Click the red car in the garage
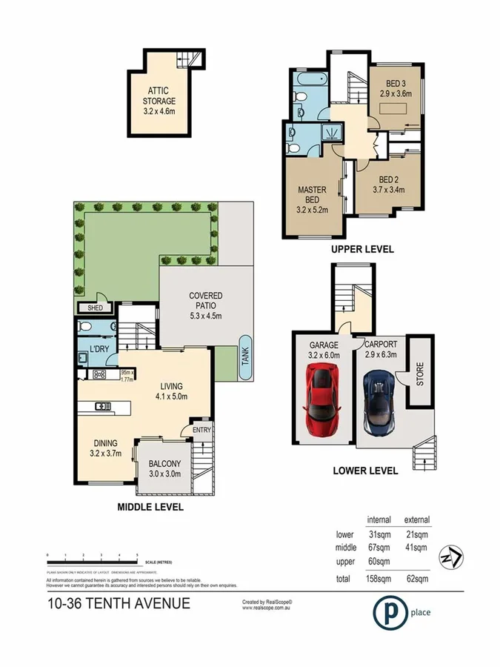point(324,404)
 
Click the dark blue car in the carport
point(378,404)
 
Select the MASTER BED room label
point(312,195)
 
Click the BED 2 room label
point(391,184)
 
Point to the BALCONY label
point(164,469)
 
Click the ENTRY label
point(201,431)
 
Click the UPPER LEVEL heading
point(362,250)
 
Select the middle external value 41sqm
point(416,548)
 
